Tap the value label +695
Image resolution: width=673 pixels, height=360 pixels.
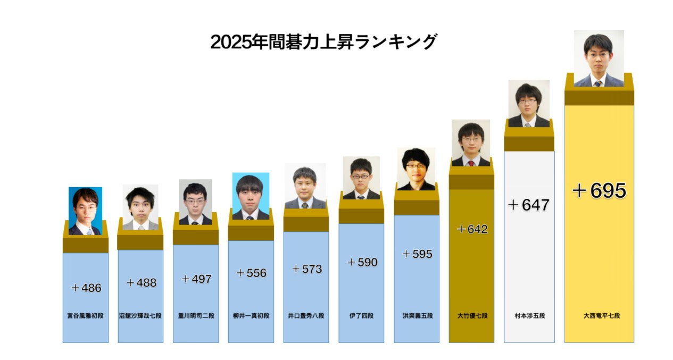click(x=599, y=190)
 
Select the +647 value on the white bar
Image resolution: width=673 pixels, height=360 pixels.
click(x=528, y=205)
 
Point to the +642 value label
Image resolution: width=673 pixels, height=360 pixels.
click(x=472, y=229)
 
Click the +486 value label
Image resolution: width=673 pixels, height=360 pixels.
click(x=86, y=288)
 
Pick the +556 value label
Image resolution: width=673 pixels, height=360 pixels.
click(x=251, y=273)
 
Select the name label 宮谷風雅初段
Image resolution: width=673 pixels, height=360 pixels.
click(x=86, y=315)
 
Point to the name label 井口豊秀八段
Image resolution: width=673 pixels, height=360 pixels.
click(x=306, y=315)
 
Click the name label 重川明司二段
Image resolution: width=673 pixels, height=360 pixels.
click(x=196, y=315)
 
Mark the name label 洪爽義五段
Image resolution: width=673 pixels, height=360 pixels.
click(x=417, y=315)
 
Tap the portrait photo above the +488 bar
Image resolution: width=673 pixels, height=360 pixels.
click(x=140, y=207)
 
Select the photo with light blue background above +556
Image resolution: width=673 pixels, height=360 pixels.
click(x=251, y=196)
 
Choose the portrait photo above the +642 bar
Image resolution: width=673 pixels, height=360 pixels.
click(x=471, y=143)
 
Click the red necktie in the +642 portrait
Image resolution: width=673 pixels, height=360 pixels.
click(x=471, y=163)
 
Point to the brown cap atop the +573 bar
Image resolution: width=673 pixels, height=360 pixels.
click(x=306, y=220)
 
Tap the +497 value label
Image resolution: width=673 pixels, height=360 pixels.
click(x=196, y=279)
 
